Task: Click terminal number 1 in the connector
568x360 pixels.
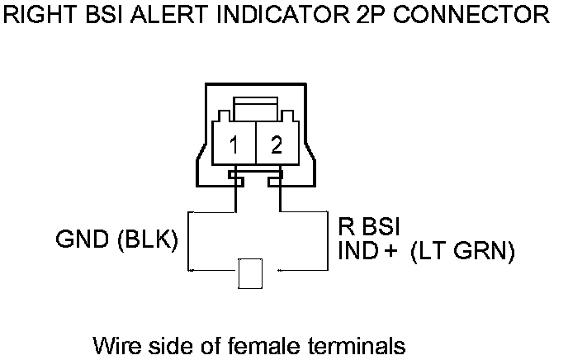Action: tap(234, 146)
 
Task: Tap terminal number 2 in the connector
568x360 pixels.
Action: tap(277, 146)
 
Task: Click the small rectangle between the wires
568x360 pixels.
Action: tap(249, 272)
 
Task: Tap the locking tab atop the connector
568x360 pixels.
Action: tap(255, 107)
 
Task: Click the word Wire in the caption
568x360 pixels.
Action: tap(114, 343)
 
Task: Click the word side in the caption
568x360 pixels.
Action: tap(162, 343)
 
